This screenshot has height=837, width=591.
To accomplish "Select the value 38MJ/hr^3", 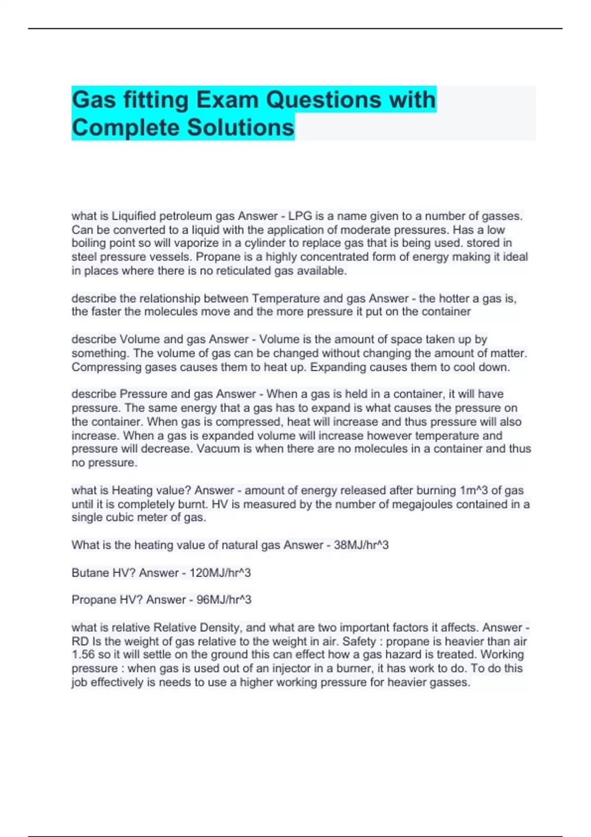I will pos(361,545).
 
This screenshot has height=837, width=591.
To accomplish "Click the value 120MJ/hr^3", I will pos(220,573).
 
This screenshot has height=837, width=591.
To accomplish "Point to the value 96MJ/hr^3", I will pos(224,600).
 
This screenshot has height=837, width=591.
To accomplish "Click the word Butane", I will pos(90,573).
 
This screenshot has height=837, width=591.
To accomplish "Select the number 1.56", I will pos(83,654).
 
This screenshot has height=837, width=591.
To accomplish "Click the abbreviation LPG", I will pos(300,216).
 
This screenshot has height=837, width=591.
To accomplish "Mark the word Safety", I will pos(360,642).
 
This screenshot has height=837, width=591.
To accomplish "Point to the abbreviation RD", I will pos(80,642).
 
